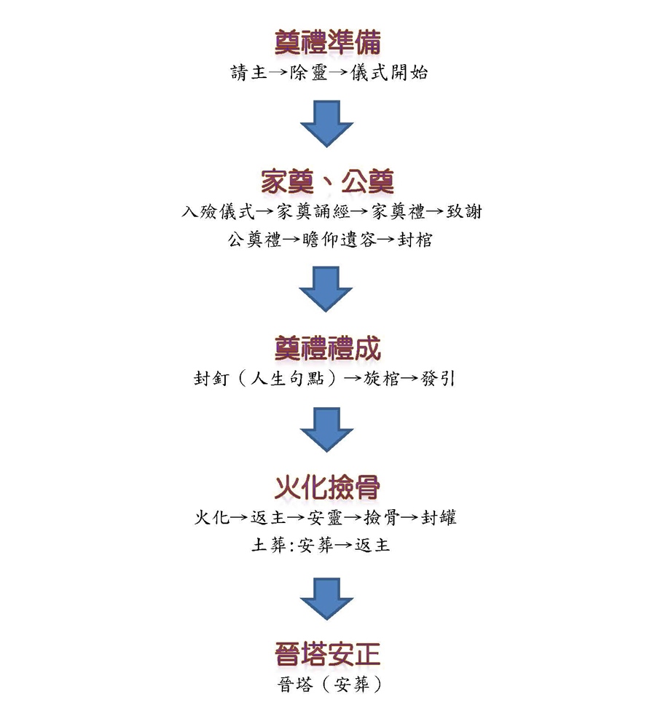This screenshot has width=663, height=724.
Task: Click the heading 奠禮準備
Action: click(328, 42)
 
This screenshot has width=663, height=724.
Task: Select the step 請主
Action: click(248, 73)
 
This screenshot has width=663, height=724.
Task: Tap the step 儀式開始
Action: click(389, 73)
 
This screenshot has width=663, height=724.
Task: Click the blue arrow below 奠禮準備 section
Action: click(326, 124)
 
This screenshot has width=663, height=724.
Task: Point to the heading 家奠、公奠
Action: click(328, 181)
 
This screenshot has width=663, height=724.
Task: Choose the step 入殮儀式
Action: click(218, 212)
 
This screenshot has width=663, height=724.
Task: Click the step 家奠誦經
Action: click(313, 212)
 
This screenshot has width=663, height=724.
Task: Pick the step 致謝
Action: click(464, 212)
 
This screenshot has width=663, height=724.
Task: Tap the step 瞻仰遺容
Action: click(339, 240)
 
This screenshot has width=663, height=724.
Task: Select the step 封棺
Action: click(415, 240)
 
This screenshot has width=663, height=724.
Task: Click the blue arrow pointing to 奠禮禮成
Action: click(326, 289)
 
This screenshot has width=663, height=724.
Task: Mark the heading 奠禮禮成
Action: click(328, 349)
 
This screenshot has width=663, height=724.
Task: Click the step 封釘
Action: click(211, 379)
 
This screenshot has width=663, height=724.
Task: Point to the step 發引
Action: click(438, 379)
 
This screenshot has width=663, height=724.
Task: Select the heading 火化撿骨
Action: click(328, 488)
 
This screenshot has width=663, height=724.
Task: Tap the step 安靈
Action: click(325, 518)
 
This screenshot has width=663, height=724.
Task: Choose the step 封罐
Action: click(439, 518)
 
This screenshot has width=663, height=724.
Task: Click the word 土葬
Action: click(270, 546)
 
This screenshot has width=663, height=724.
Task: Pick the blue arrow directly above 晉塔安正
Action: click(326, 599)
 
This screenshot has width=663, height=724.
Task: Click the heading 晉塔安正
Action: click(328, 655)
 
